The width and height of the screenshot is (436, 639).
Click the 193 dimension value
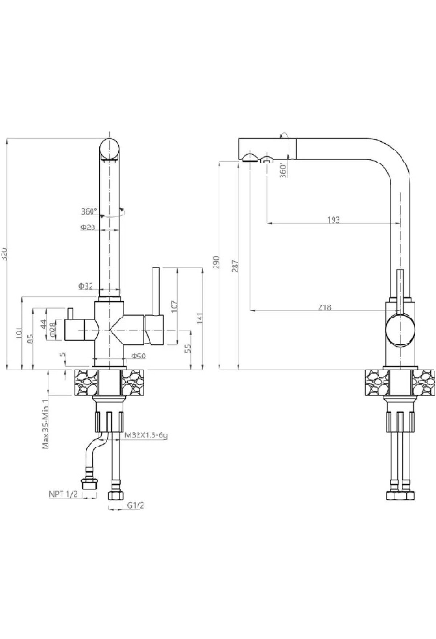333,220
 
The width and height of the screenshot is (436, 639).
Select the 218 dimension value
324,308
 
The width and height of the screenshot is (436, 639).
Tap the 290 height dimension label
217,261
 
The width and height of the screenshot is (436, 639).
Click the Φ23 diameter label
88,227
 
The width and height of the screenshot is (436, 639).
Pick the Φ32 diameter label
86,286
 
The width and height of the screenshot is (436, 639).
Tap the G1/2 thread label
135,505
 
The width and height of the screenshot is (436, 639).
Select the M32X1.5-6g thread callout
146,435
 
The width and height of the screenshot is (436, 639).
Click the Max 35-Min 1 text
46,424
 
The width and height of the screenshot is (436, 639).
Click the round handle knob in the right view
399,330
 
